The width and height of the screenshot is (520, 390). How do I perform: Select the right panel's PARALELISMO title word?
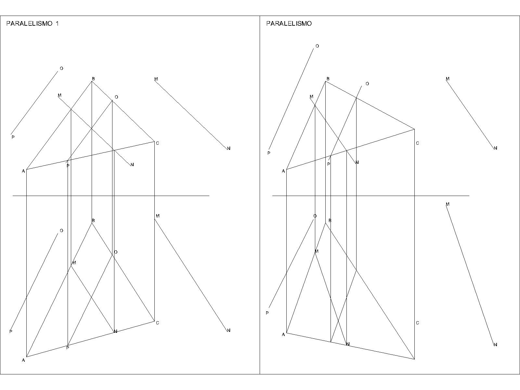point(289,23)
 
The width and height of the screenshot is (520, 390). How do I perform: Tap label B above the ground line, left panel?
point(93,79)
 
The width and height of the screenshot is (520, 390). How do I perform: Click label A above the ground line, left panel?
point(23,171)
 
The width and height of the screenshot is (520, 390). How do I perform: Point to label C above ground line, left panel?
point(157,143)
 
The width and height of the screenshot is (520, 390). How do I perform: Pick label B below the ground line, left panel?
point(93,221)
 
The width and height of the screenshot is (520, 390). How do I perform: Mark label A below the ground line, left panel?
point(23,360)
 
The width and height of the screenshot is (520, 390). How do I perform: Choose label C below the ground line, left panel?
point(157,323)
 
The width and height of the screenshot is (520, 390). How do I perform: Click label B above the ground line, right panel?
point(328,79)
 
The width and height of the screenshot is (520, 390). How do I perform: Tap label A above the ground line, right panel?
point(283,171)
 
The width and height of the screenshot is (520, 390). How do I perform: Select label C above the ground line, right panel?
point(418,143)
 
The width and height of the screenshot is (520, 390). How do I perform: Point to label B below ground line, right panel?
point(330,221)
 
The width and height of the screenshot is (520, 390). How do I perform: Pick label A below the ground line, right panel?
point(283,334)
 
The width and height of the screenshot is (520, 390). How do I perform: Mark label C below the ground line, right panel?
point(418,323)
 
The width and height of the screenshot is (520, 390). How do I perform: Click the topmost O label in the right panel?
point(317,46)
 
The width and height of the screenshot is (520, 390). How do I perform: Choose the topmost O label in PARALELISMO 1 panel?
point(61,69)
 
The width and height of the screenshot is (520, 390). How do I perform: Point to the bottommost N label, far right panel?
point(495,345)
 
